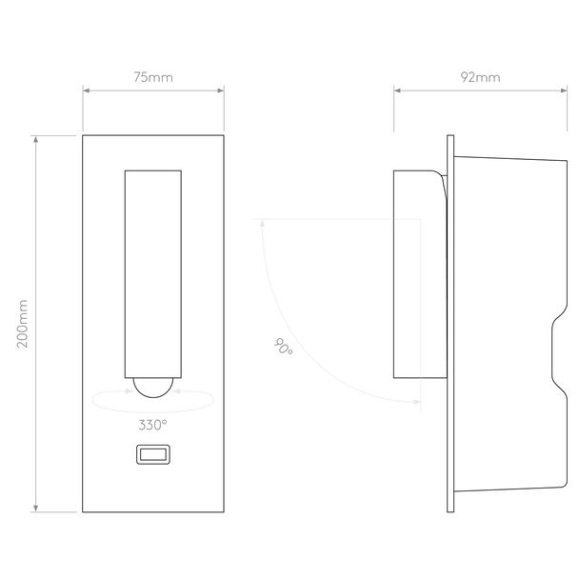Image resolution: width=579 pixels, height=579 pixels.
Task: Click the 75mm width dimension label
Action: pyautogui.click(x=153, y=77)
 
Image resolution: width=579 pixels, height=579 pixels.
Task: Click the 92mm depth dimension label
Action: pyautogui.click(x=480, y=77)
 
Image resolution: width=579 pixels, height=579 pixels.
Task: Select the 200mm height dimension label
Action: pyautogui.click(x=23, y=324)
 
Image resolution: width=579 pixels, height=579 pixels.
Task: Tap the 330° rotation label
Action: pyautogui.click(x=153, y=425)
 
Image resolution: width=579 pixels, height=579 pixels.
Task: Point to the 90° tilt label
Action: pyautogui.click(x=284, y=347)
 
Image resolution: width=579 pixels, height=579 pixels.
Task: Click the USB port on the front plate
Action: pyautogui.click(x=153, y=454)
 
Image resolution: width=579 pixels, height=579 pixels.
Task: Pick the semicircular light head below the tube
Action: pyautogui.click(x=153, y=389)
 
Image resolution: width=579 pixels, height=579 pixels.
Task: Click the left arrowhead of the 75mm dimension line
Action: pyautogui.click(x=86, y=90)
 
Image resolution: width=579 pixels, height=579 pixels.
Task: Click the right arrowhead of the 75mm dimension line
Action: pyautogui.click(x=220, y=90)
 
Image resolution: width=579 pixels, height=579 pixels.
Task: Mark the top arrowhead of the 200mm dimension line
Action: pyautogui.click(x=35, y=139)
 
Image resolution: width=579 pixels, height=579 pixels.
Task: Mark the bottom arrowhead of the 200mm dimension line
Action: pyautogui.click(x=35, y=509)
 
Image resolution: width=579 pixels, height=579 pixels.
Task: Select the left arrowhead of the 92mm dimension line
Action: pyautogui.click(x=397, y=90)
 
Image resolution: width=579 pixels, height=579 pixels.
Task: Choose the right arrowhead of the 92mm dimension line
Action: pyautogui.click(x=564, y=90)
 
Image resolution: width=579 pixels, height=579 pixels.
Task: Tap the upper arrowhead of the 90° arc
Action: pyautogui.click(x=263, y=223)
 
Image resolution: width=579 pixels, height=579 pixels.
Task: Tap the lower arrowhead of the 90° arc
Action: pyautogui.click(x=416, y=402)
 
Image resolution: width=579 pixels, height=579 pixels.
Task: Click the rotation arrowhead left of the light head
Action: pyautogui.click(x=129, y=391)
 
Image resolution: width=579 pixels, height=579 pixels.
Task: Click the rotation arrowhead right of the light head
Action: pyautogui.click(x=177, y=391)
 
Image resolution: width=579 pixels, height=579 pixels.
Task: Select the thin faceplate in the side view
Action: pyautogui.click(x=450, y=324)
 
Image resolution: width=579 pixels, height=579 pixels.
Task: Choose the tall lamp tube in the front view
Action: pyautogui.click(x=153, y=274)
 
